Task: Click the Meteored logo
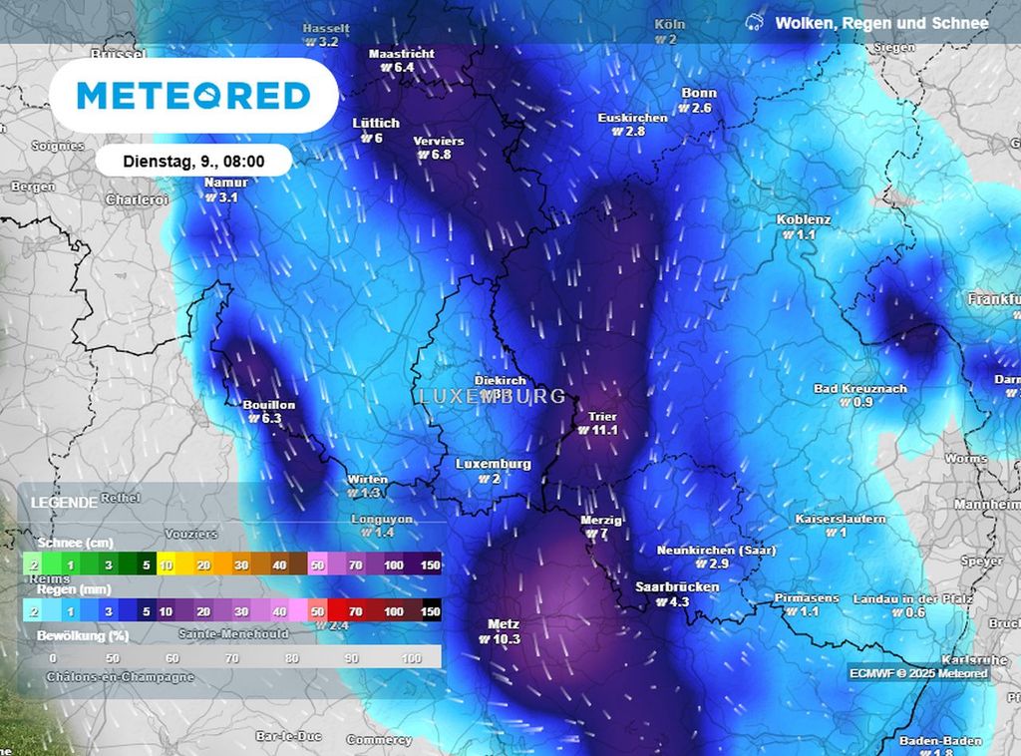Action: click(x=193, y=96)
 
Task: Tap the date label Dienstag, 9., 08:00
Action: click(x=193, y=161)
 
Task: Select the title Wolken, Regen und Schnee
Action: click(x=881, y=23)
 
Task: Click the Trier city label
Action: click(x=602, y=417)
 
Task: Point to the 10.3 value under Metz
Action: click(x=507, y=640)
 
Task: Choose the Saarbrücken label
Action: click(x=677, y=587)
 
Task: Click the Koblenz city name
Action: click(x=804, y=220)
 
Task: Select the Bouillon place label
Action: click(x=269, y=405)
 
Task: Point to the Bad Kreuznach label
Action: click(x=859, y=389)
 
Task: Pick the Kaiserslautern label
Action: click(x=840, y=520)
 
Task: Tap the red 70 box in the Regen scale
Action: click(x=355, y=610)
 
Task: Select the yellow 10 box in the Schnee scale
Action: click(x=166, y=566)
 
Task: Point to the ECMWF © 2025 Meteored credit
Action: click(x=918, y=673)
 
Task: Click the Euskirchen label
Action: click(x=632, y=118)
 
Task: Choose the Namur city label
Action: click(x=225, y=184)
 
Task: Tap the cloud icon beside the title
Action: click(x=755, y=22)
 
